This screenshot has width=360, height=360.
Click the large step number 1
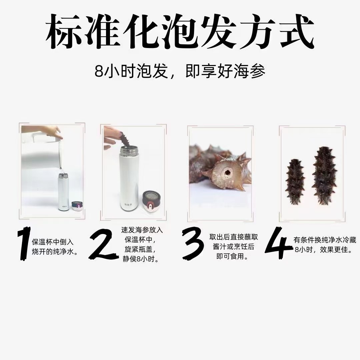click(x=24, y=243)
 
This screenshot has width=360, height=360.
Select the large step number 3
click(x=192, y=243)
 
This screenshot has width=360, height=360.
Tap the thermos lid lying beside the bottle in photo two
click(x=152, y=202)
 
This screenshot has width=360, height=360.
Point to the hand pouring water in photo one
click(x=53, y=133)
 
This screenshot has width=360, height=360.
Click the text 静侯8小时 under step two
click(x=140, y=259)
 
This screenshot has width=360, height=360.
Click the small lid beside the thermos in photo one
click(x=76, y=206)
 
